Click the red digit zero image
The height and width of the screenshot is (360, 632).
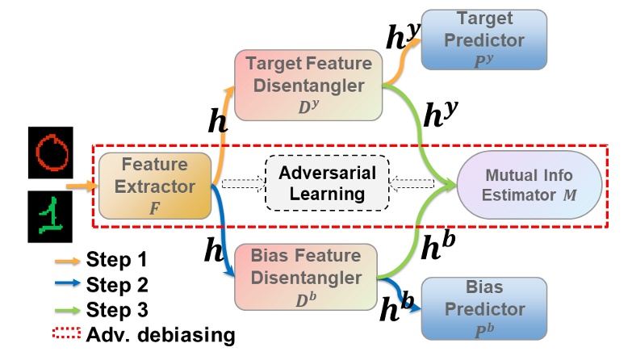(51, 151)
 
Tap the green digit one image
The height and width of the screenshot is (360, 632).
(51, 217)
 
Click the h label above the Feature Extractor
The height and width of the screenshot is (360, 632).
(216, 123)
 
